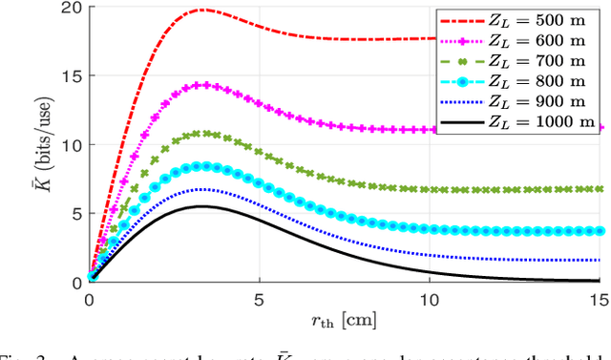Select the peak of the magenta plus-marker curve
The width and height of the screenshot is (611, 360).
point(201,84)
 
